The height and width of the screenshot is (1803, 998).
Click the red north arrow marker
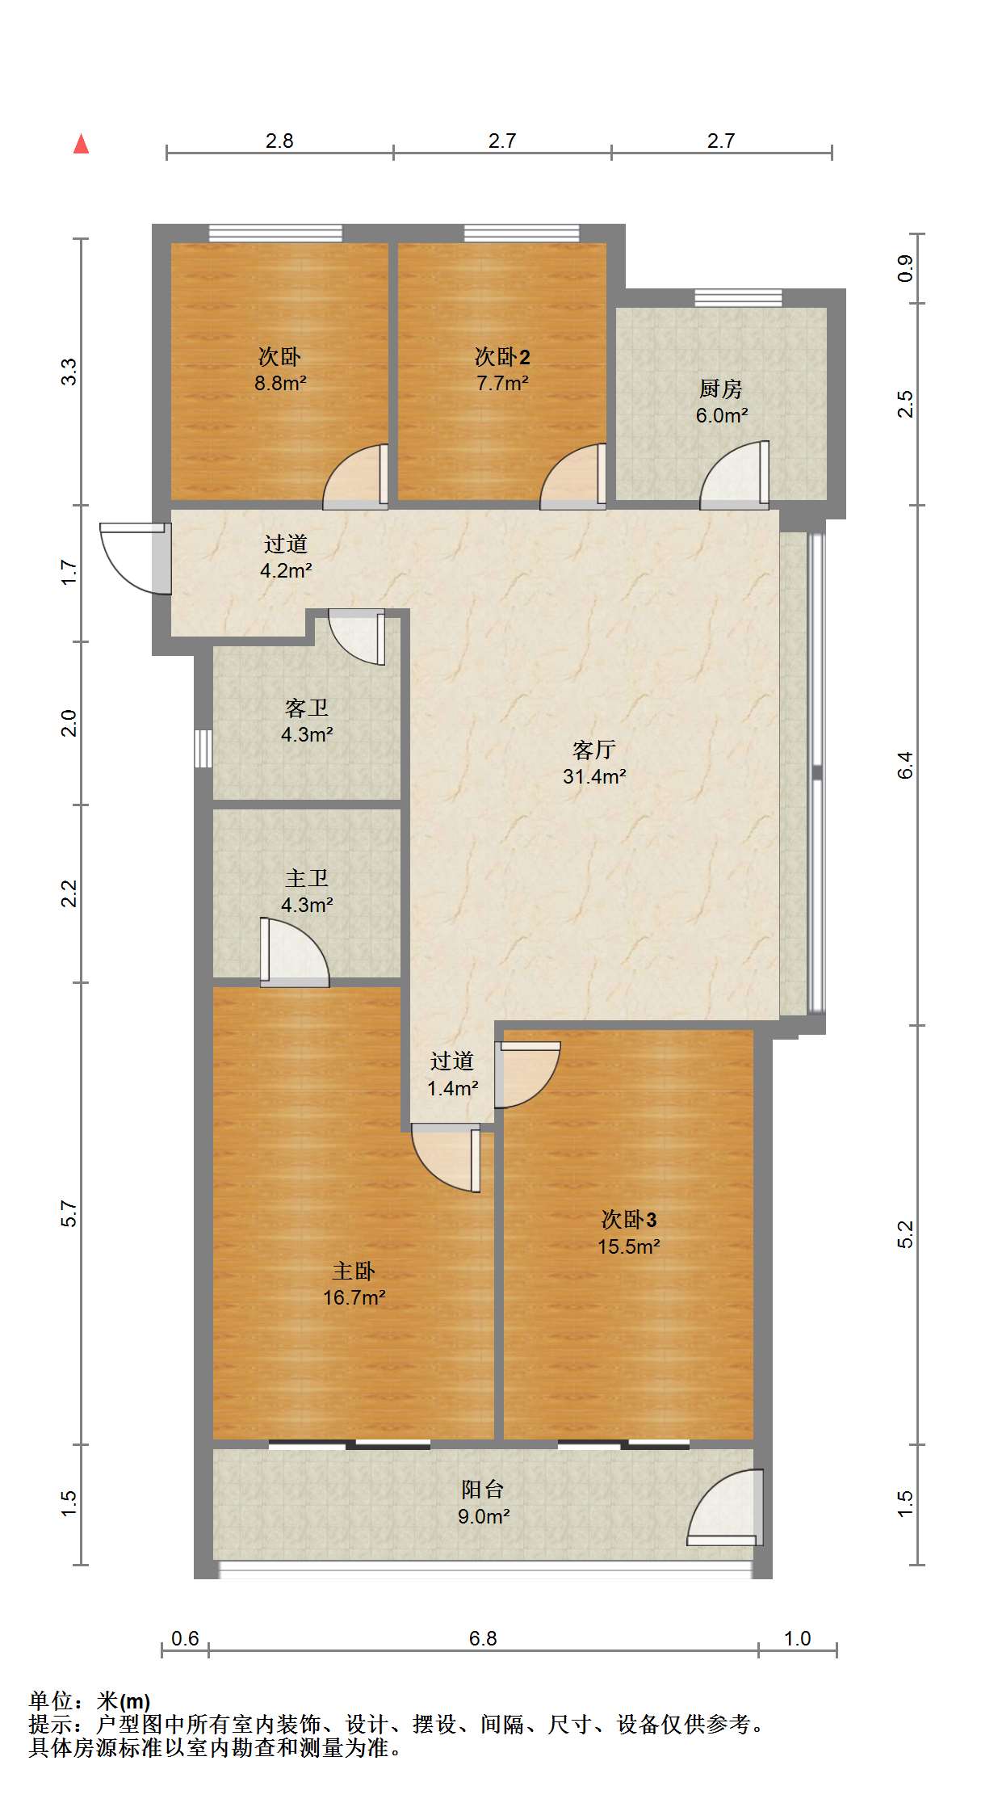[x=81, y=144]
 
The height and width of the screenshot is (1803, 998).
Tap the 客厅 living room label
[x=593, y=750]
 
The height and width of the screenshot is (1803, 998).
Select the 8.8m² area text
[x=280, y=383]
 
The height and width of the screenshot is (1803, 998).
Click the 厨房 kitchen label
[x=720, y=389]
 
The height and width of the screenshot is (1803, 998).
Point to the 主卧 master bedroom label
[x=354, y=1271]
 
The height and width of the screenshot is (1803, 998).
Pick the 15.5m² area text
[x=628, y=1246]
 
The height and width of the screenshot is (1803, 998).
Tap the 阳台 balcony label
[x=482, y=1489]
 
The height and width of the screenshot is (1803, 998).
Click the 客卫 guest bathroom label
[x=307, y=708]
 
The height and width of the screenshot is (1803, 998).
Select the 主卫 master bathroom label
[x=307, y=878]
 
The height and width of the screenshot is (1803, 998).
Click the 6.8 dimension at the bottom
[x=483, y=1638]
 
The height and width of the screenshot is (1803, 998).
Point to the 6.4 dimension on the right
[x=905, y=764]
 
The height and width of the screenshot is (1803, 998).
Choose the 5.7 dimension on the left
[x=69, y=1213]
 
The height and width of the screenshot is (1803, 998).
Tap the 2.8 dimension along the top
[x=279, y=141]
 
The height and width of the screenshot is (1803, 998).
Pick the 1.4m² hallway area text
[x=452, y=1088]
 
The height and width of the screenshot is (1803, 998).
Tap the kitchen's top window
[x=738, y=297]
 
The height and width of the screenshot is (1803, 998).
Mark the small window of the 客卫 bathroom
[x=203, y=749]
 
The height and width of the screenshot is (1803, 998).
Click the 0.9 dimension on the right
[x=905, y=268]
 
